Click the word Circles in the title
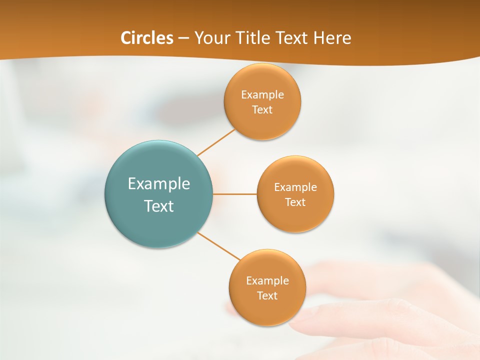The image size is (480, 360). point(147,38)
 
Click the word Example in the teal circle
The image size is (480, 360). point(159,184)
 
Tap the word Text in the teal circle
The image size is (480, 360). point(159,206)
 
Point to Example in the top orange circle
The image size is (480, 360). point(262,95)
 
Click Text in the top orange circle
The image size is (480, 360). point(262,110)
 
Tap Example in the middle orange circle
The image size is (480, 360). point(295,187)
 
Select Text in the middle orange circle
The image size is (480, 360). point(295,202)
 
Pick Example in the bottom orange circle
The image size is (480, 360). point(267,281)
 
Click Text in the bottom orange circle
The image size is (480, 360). point(267,296)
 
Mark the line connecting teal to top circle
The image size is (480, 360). point(216,142)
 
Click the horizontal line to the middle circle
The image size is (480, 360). point(235,194)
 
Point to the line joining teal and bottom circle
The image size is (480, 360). point(219,246)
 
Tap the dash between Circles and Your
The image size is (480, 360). point(184,38)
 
